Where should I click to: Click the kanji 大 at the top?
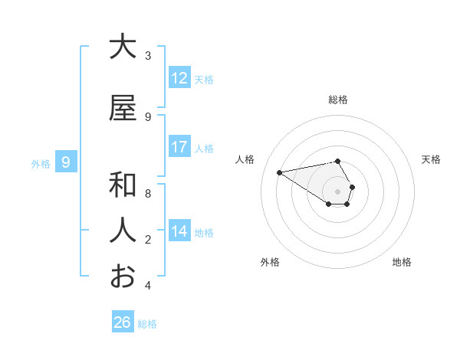pyautogui.click(x=123, y=47)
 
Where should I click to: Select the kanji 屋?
pyautogui.click(x=123, y=109)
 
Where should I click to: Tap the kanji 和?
pyautogui.click(x=123, y=185)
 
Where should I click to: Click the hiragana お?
pyautogui.click(x=123, y=276)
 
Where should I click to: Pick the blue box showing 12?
pyautogui.click(x=179, y=78)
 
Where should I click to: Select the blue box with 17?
pyautogui.click(x=179, y=147)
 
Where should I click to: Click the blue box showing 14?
pyautogui.click(x=179, y=231)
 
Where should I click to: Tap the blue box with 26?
pyautogui.click(x=123, y=322)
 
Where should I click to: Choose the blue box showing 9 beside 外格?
pyautogui.click(x=66, y=162)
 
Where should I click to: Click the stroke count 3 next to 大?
pyautogui.click(x=148, y=56)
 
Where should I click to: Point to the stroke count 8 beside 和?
pyautogui.click(x=148, y=194)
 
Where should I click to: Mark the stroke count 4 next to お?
pyautogui.click(x=148, y=286)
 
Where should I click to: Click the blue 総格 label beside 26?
pyautogui.click(x=147, y=324)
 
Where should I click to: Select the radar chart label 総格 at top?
pyautogui.click(x=338, y=100)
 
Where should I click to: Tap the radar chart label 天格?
pyautogui.click(x=432, y=159)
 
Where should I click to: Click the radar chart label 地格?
pyautogui.click(x=402, y=262)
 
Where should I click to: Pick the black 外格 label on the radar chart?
pyautogui.click(x=270, y=262)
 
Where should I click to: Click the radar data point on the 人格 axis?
pyautogui.click(x=280, y=172)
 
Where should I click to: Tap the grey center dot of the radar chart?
pyautogui.click(x=337, y=191)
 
